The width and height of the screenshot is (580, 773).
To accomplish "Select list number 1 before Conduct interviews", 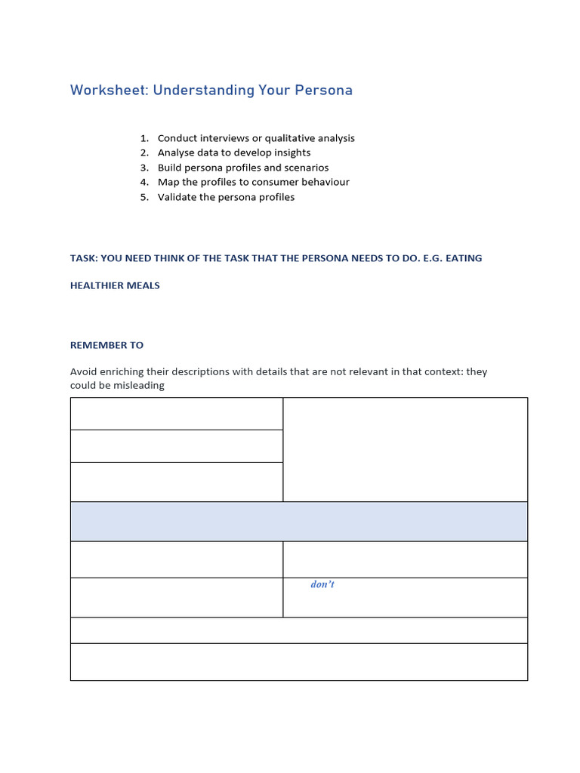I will tap(143, 138).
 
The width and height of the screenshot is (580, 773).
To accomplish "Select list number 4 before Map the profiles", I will tap(143, 182).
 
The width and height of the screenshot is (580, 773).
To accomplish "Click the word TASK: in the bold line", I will tap(84, 258).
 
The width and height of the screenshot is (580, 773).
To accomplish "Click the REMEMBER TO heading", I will tap(106, 345).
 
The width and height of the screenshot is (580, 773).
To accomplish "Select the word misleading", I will tap(139, 385).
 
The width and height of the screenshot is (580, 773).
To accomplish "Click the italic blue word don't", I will tap(322, 584).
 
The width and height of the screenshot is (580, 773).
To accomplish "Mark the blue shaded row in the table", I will tap(298, 522).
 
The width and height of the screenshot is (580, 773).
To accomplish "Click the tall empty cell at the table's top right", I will tap(405, 449).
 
